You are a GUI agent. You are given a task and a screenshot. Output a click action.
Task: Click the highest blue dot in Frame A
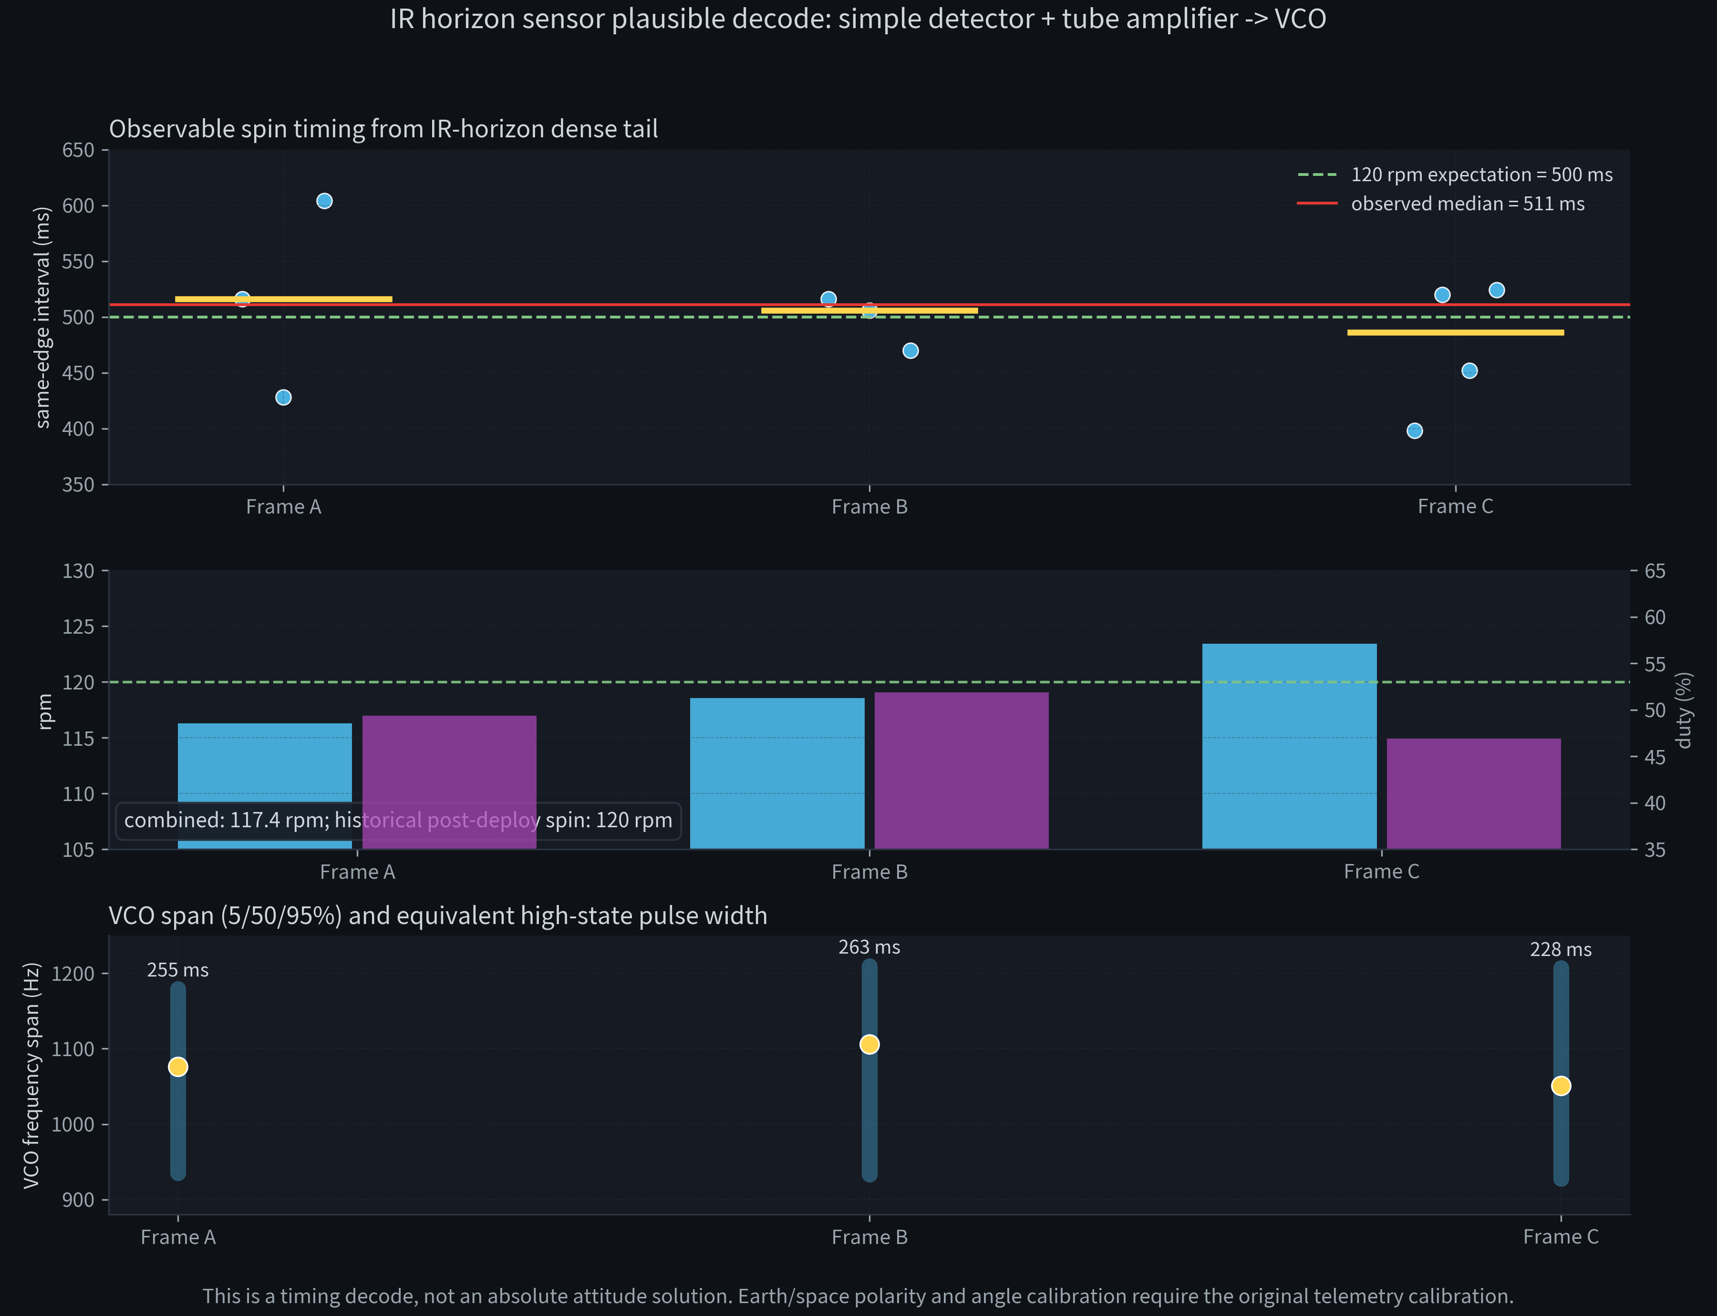[324, 201]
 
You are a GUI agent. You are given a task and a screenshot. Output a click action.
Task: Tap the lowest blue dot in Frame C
[1415, 431]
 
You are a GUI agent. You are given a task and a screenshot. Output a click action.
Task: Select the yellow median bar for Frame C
[1455, 333]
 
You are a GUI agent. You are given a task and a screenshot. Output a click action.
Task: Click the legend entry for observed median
[1467, 204]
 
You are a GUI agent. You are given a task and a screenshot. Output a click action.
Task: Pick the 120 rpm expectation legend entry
[1481, 175]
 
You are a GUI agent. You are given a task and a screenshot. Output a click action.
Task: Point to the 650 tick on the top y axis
[78, 150]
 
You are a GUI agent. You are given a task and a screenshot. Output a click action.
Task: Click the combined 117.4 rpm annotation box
[398, 820]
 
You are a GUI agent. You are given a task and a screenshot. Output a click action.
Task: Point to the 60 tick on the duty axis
[1655, 617]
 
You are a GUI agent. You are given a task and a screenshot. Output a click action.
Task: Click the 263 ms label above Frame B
[869, 947]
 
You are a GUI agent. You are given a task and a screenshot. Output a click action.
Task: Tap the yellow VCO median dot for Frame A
[178, 1067]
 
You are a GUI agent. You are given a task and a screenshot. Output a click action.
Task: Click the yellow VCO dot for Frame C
[1561, 1086]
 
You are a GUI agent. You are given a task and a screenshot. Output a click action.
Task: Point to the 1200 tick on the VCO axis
[73, 974]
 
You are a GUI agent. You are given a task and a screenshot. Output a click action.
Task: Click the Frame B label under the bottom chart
[869, 1237]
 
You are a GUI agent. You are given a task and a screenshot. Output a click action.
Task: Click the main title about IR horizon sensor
[858, 19]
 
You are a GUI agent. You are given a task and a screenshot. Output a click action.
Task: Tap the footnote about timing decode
[858, 1295]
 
